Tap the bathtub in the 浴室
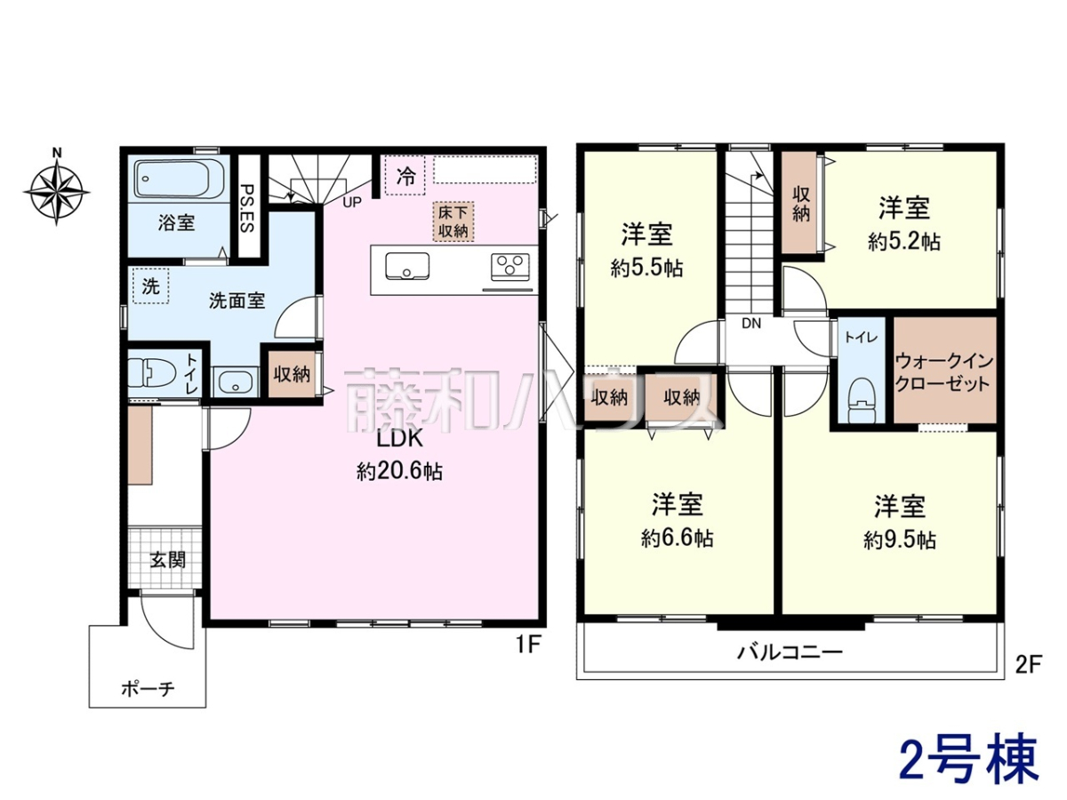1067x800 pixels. click(x=179, y=179)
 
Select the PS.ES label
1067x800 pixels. click(x=248, y=208)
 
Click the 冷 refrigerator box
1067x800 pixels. click(x=405, y=175)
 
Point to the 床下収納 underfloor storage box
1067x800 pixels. click(x=453, y=221)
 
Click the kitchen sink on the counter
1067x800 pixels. click(x=407, y=266)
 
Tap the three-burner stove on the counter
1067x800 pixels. click(x=510, y=268)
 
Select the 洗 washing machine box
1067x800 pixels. click(x=150, y=286)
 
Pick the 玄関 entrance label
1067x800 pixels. click(x=168, y=560)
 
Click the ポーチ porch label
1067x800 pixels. click(x=148, y=688)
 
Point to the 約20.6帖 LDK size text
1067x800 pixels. click(x=399, y=471)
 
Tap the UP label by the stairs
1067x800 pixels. click(x=352, y=202)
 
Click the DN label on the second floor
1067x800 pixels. click(x=751, y=323)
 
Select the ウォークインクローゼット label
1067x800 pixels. click(x=943, y=372)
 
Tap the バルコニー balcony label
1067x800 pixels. click(x=790, y=652)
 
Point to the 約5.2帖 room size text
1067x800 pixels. click(x=904, y=242)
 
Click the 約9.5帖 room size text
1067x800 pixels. click(x=900, y=540)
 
